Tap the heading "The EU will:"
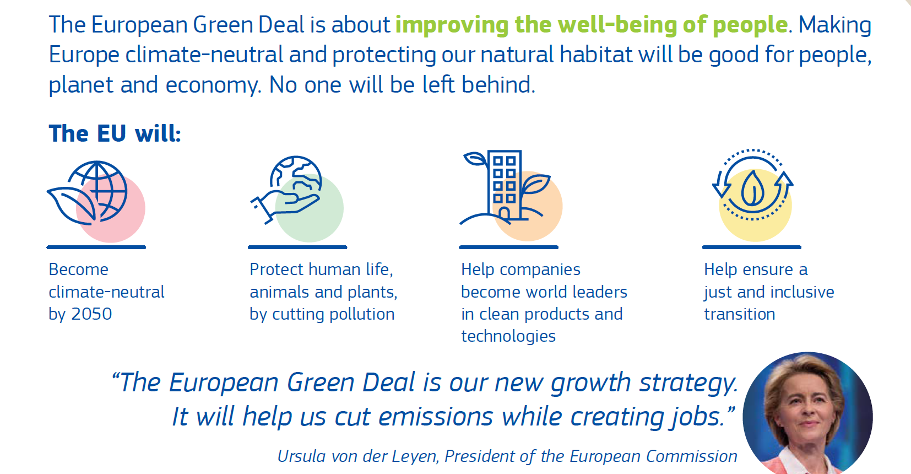[115, 133]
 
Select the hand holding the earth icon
[286, 190]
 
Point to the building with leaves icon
[505, 187]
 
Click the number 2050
[91, 314]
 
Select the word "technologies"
[508, 336]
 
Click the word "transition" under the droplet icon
[739, 314]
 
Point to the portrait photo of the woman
[807, 413]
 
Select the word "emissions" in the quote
[436, 417]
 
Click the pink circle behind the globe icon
[111, 208]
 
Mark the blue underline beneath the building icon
[508, 247]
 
